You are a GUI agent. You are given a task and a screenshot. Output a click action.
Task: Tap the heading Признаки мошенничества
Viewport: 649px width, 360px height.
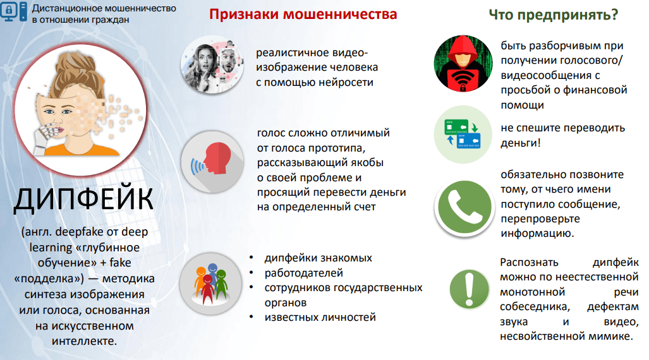click(x=303, y=14)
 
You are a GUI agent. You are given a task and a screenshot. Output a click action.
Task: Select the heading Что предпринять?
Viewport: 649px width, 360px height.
click(x=554, y=15)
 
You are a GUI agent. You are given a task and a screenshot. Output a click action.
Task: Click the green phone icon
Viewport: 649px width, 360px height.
click(x=464, y=208)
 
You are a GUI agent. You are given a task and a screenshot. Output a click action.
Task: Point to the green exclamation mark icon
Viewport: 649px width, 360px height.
click(x=470, y=289)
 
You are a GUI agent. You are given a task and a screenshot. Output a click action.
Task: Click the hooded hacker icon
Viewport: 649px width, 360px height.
click(x=463, y=63)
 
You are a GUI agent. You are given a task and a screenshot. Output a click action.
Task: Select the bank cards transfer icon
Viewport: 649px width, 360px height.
click(x=463, y=134)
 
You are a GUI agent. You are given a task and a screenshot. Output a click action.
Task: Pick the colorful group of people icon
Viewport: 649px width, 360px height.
click(x=211, y=284)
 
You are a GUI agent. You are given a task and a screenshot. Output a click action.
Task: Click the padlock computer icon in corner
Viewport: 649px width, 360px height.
click(x=14, y=11)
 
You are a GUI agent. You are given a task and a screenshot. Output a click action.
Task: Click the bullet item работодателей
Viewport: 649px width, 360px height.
click(x=304, y=273)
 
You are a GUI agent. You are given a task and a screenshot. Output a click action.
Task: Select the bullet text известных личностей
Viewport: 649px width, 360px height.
click(x=320, y=318)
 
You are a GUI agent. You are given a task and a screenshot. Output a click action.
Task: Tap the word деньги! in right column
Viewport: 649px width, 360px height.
click(x=520, y=143)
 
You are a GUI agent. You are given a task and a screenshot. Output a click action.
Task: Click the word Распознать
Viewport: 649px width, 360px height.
click(x=529, y=262)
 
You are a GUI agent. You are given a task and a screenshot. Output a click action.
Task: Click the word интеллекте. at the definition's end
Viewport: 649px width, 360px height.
click(x=85, y=342)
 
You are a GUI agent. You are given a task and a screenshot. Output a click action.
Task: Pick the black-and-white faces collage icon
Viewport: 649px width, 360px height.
click(x=212, y=65)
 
